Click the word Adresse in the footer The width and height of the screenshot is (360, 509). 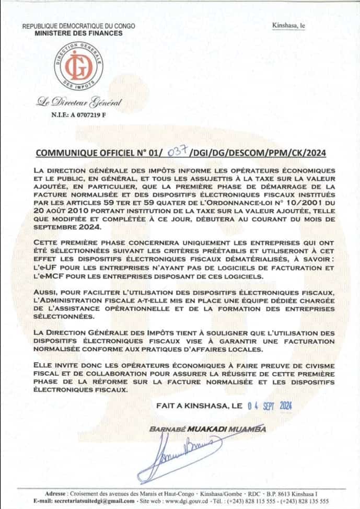coord(55,493)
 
